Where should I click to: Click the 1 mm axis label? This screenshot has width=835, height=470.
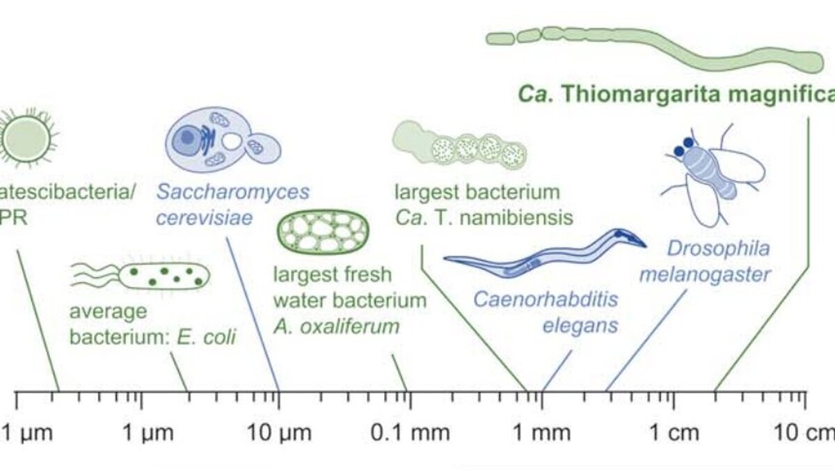(542, 434)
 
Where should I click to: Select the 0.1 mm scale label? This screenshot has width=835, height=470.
(410, 434)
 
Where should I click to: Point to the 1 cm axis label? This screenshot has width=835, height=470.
(673, 434)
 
